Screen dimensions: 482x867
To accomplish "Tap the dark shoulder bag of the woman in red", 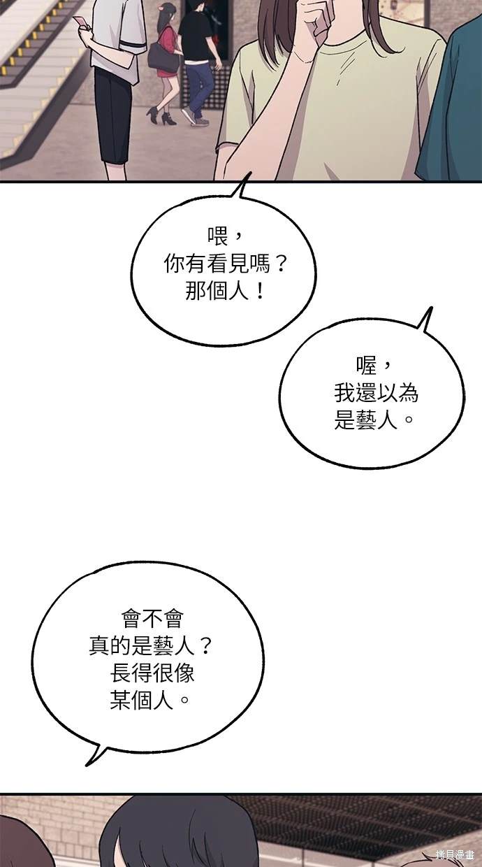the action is click(x=163, y=57).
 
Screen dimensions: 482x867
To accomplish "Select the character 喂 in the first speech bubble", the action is click(x=218, y=236).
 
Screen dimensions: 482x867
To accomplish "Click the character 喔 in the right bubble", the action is click(x=366, y=366).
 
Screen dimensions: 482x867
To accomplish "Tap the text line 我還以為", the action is click(x=377, y=393).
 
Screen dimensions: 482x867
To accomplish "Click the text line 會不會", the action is click(x=152, y=619).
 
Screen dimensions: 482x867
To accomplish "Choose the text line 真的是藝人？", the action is click(x=150, y=646).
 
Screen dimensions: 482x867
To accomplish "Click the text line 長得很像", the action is click(x=152, y=673).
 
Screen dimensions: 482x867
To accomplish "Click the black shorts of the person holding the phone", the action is click(x=113, y=116).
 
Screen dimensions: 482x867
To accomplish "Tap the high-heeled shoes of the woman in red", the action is click(x=161, y=116).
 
